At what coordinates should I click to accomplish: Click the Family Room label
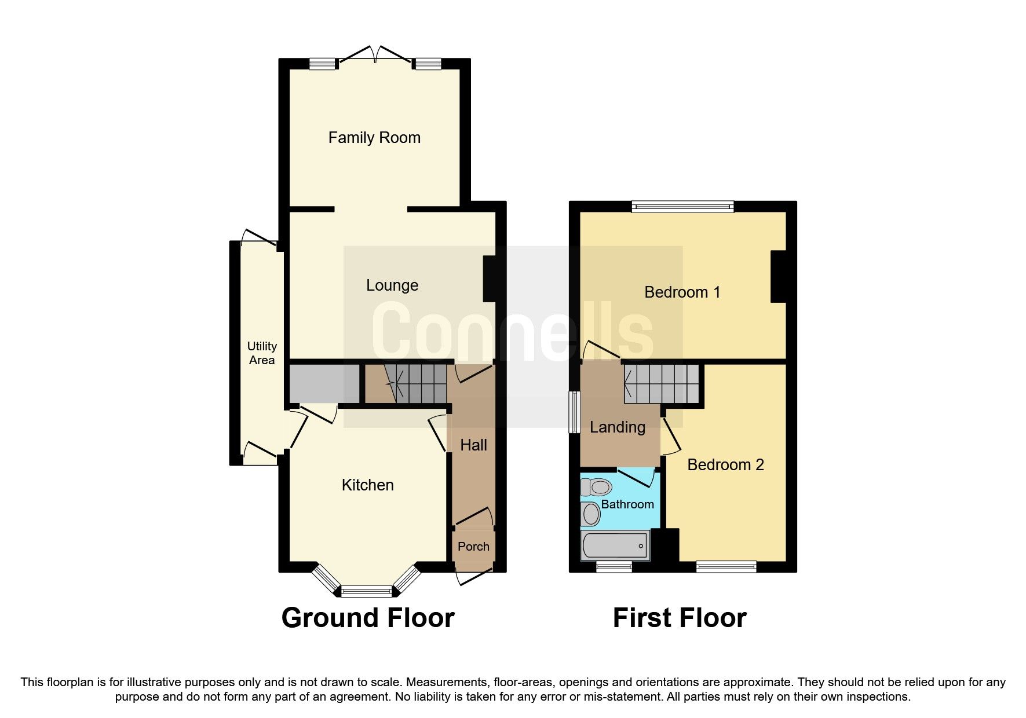374,138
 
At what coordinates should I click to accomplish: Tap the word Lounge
392,285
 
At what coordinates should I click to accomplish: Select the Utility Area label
262,353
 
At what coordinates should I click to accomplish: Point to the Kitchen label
367,485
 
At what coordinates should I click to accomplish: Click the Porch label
473,547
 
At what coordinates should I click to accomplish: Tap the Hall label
473,445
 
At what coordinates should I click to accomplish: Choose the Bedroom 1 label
682,292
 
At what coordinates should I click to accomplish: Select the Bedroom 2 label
725,465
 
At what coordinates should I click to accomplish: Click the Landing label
617,427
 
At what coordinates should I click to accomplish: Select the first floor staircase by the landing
662,384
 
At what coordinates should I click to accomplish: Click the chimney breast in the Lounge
490,279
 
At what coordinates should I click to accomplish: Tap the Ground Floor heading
367,618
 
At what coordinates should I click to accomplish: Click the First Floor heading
679,618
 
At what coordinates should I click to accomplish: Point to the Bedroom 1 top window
682,206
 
